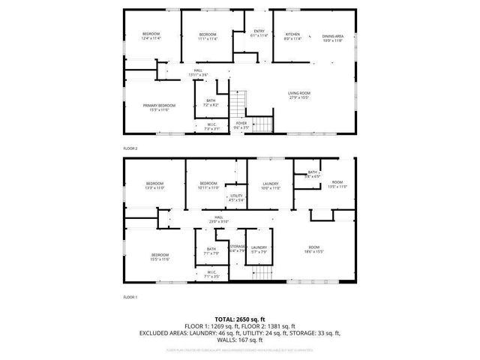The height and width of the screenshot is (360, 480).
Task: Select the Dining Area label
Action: pos(333,37)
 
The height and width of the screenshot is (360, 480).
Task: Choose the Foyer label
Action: pos(241,125)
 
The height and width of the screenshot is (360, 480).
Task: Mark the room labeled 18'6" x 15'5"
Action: pos(313,250)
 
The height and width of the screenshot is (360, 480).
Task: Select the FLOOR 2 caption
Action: pos(130,148)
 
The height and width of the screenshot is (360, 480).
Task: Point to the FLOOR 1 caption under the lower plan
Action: pos(130,297)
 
